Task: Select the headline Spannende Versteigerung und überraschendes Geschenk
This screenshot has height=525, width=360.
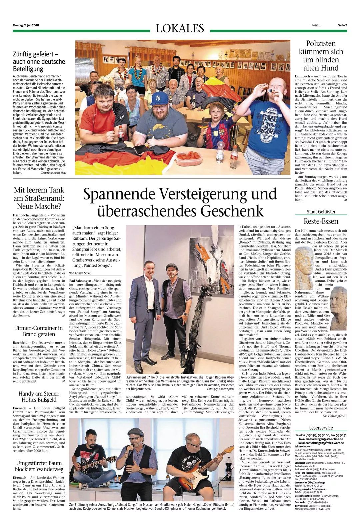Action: click(x=180, y=202)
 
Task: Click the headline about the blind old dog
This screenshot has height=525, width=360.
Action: click(x=321, y=56)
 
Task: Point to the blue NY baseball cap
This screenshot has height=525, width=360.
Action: click(x=161, y=99)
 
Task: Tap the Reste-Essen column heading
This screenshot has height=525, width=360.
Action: click(x=321, y=221)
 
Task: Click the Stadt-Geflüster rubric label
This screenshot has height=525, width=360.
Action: click(x=321, y=211)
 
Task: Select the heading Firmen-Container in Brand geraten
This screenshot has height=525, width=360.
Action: click(x=39, y=331)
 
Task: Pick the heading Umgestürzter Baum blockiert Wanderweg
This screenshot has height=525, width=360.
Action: click(x=39, y=466)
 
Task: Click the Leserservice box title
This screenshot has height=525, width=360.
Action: click(x=321, y=428)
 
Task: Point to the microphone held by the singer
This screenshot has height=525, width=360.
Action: click(x=136, y=450)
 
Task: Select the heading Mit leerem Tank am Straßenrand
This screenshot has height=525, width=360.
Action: click(x=39, y=198)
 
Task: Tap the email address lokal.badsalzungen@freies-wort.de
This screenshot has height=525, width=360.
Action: click(x=321, y=442)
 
